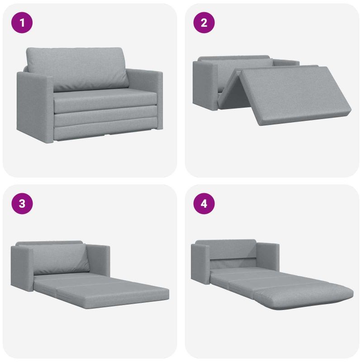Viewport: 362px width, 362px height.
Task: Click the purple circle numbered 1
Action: click(22, 23)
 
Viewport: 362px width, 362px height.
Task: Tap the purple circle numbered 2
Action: click(204, 23)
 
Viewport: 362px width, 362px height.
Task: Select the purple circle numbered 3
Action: click(22, 204)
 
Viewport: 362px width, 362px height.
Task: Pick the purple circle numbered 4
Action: click(204, 204)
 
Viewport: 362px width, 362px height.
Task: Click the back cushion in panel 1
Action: click(77, 68)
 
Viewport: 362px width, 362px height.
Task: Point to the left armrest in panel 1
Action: click(35, 107)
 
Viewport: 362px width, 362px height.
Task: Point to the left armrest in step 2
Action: click(205, 85)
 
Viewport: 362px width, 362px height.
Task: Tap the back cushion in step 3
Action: click(61, 258)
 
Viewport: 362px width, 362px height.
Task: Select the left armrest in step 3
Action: click(23, 268)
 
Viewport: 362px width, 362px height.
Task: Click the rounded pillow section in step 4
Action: click(304, 297)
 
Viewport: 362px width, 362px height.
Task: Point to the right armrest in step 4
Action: click(268, 257)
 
